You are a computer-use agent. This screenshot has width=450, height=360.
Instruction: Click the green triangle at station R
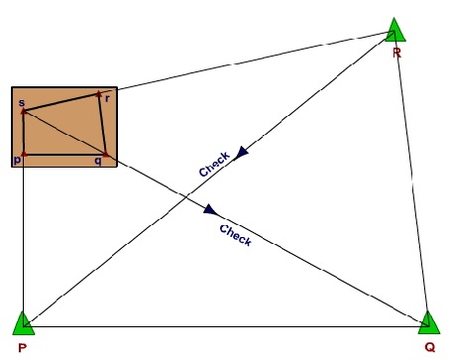(x=395, y=32)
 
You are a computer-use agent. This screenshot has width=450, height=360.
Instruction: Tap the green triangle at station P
(x=22, y=321)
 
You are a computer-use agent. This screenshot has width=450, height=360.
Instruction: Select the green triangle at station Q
(x=428, y=321)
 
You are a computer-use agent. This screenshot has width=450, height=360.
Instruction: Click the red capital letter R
(x=396, y=53)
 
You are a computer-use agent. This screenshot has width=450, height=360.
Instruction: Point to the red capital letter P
(x=21, y=349)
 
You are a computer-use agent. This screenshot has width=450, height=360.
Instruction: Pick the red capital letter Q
(x=429, y=349)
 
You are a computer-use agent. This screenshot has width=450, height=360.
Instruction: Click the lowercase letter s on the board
(x=22, y=102)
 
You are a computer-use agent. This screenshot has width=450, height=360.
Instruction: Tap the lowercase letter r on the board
(x=107, y=99)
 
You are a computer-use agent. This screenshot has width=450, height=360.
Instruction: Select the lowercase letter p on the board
(x=17, y=160)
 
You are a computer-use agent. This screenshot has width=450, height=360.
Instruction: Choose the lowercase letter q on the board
(x=98, y=160)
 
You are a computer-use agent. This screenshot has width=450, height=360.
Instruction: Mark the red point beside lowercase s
(x=22, y=111)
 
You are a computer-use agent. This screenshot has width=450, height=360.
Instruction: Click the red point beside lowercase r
(x=99, y=95)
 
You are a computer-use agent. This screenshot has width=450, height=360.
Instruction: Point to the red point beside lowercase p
(x=22, y=155)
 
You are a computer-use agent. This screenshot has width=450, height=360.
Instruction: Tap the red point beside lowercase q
(x=105, y=154)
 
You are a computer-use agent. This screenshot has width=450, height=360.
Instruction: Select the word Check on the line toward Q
(x=235, y=235)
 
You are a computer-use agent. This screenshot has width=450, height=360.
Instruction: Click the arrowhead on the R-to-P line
(x=241, y=153)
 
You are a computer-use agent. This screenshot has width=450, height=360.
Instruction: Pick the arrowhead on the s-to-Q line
(x=209, y=209)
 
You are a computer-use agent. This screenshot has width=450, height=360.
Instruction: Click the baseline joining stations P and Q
(x=225, y=327)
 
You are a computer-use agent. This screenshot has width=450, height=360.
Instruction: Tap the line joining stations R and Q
(x=411, y=179)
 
